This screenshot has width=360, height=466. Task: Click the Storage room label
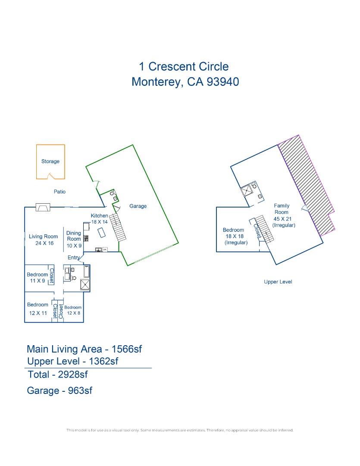[50, 161]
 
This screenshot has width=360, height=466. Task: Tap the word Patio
[59, 192]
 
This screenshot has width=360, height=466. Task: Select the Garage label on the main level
[138, 206]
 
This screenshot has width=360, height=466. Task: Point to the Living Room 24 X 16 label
[44, 240]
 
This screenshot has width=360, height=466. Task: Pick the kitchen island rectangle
[102, 233]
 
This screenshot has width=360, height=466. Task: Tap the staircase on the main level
[118, 227]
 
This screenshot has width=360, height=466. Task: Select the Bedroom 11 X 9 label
[37, 277]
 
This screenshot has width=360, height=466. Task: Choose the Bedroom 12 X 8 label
[73, 310]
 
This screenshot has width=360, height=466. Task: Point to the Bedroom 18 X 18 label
[235, 236]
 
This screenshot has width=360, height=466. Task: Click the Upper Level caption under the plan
[278, 282]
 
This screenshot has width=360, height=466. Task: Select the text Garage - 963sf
[59, 390]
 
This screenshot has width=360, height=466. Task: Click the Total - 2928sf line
[58, 375]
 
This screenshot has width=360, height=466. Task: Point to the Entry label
[74, 257]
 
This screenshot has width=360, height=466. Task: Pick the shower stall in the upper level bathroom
[246, 191]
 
